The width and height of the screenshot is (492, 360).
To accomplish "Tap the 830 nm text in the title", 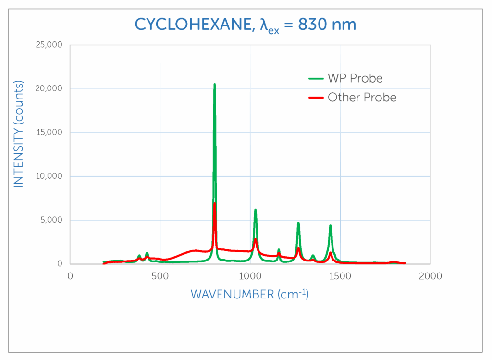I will tap(327, 24).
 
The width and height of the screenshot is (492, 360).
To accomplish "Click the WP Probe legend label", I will tap(355, 78).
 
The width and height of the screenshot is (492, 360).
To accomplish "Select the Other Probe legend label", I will tap(362, 98).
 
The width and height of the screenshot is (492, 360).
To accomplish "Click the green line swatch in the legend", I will tap(315, 78).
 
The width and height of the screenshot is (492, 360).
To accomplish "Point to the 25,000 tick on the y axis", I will tap(49, 45).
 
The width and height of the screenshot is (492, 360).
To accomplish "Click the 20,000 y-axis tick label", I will tap(49, 89).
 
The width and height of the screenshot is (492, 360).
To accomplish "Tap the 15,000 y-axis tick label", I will tap(49, 133).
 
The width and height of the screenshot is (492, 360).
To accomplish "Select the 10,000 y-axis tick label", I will tap(49, 176).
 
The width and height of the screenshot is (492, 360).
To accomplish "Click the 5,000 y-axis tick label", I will tap(51, 220).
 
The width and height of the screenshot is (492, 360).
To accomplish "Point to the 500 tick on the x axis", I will tap(160, 276).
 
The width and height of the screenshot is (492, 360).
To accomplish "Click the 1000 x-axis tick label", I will tap(250, 276).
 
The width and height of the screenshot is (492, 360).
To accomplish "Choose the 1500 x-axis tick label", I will tap(340, 276).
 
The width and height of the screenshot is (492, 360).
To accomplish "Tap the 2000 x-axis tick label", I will tap(430, 276).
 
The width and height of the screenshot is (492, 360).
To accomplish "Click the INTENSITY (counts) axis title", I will tap(18, 134).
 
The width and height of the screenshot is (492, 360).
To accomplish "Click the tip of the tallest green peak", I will tap(214, 85).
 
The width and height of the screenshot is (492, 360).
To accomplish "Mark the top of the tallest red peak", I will tap(214, 203).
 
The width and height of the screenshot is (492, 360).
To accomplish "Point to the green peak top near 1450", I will tap(331, 225).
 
